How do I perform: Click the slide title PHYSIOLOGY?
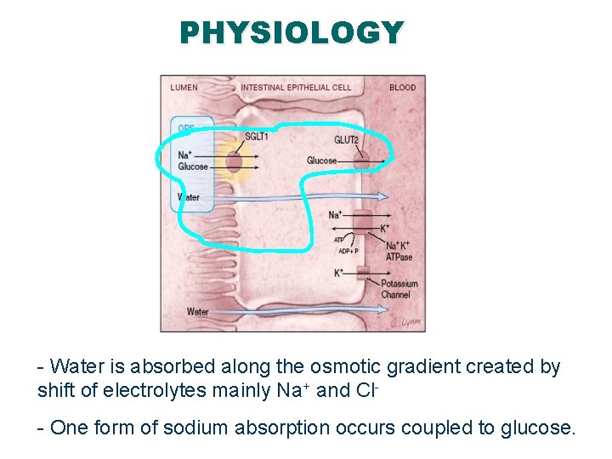[292, 32]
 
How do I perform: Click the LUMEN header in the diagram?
[184, 87]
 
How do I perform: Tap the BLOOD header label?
[403, 87]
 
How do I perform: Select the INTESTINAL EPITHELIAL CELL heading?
[296, 87]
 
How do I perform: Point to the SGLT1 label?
[256, 136]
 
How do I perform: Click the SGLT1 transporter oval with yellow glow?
[234, 161]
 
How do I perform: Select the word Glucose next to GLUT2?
[322, 161]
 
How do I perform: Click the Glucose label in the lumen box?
[193, 167]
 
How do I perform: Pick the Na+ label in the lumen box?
[184, 155]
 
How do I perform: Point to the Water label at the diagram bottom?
[197, 312]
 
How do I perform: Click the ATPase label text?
[399, 256]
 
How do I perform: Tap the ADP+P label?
[348, 252]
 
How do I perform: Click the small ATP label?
[338, 240]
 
